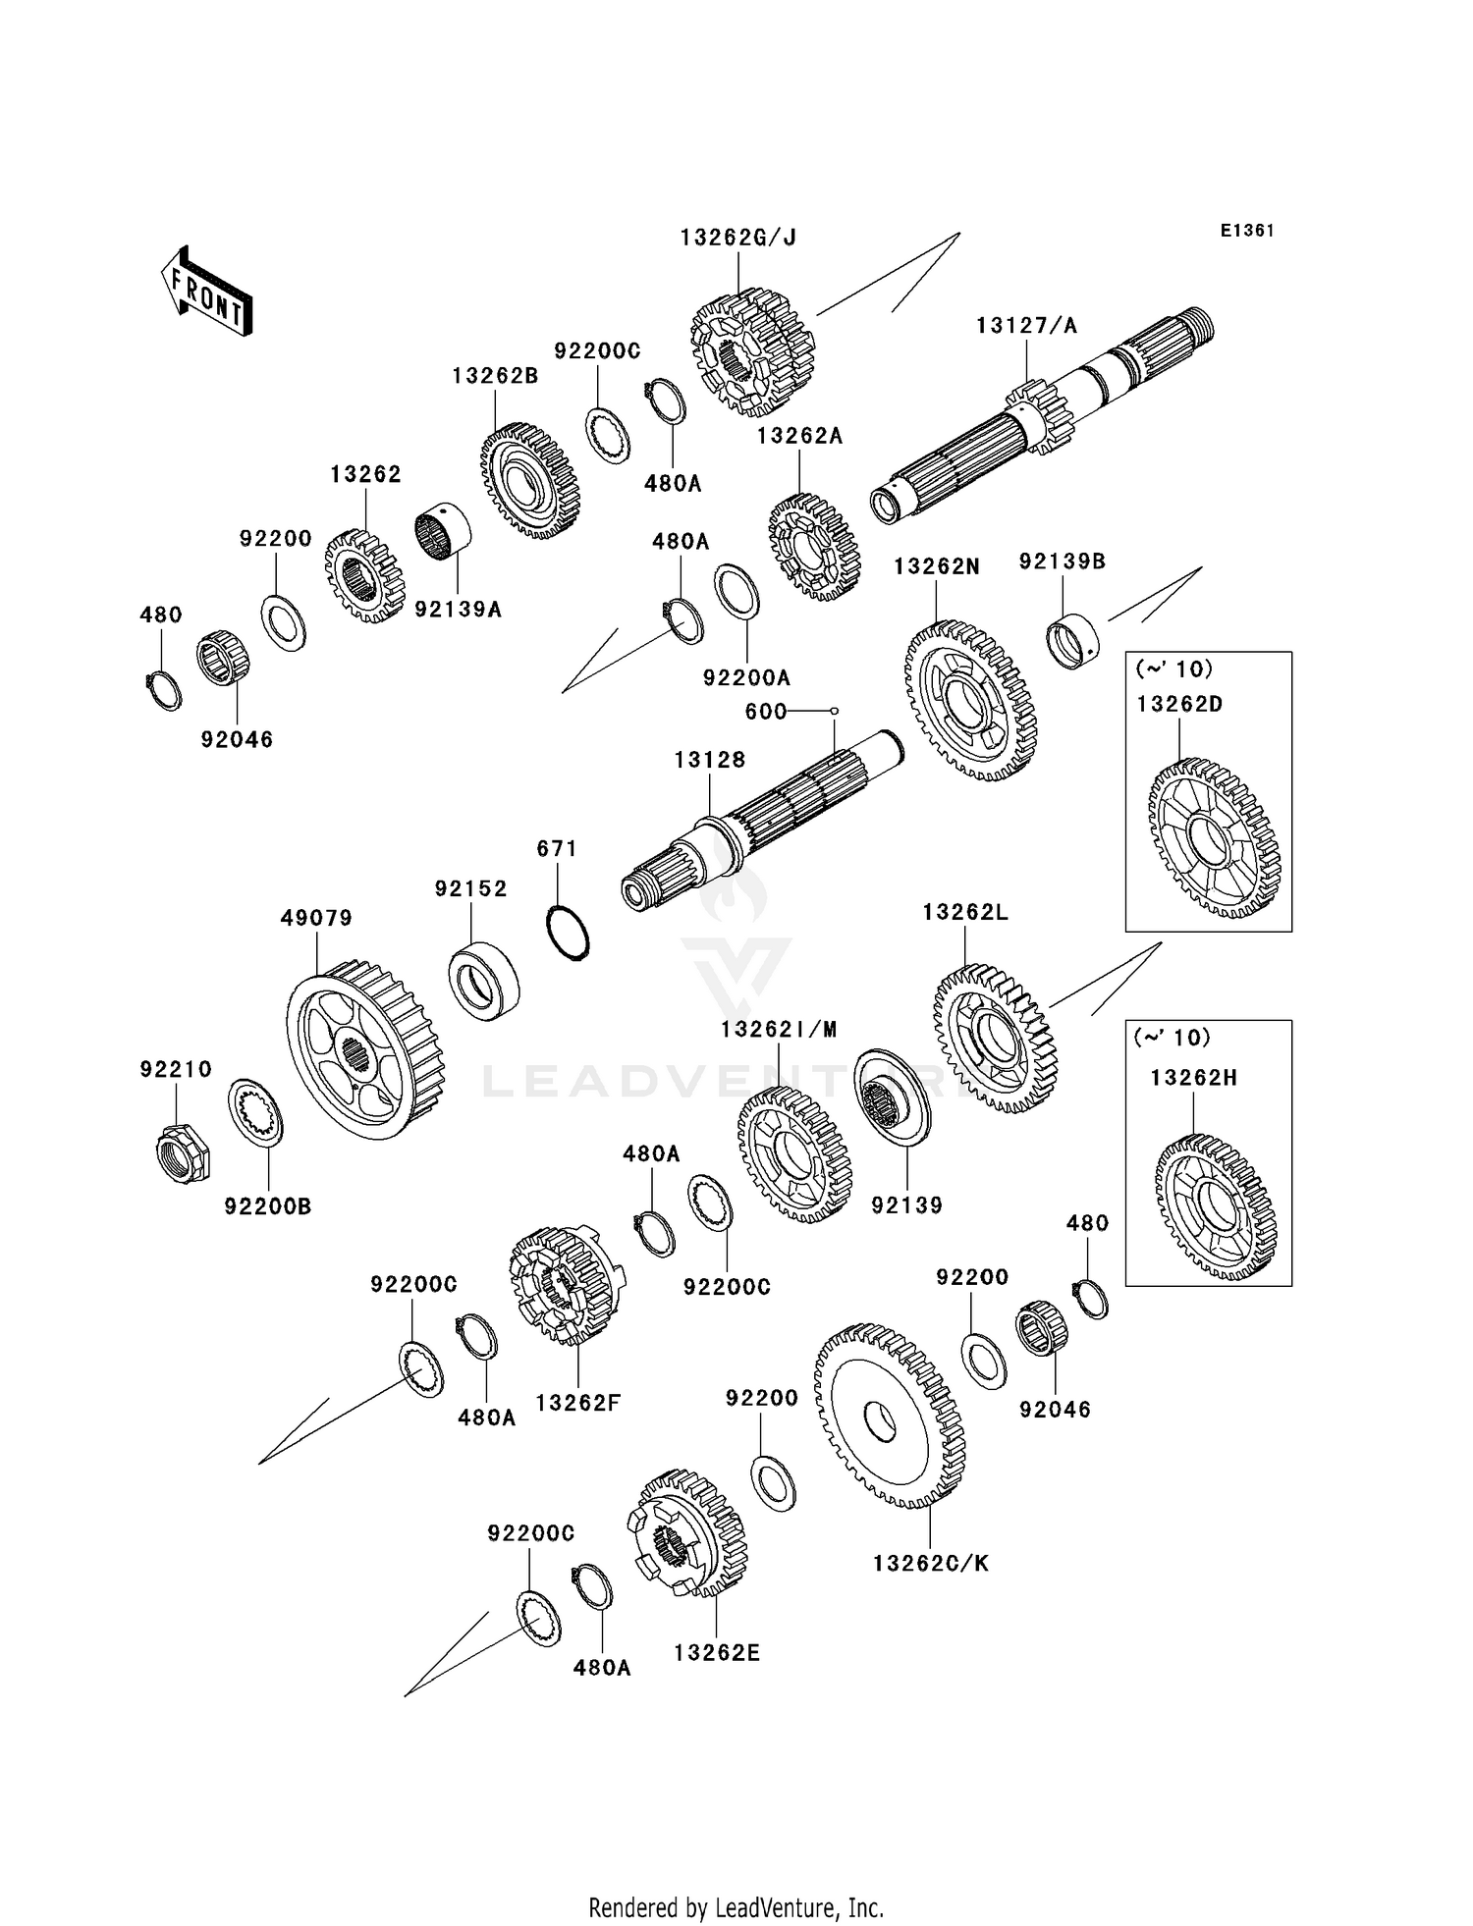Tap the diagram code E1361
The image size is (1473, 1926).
[1247, 231]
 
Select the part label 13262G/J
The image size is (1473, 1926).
[738, 238]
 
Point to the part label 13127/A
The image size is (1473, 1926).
[1026, 326]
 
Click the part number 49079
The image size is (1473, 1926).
[316, 918]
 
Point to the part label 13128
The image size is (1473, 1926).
[710, 760]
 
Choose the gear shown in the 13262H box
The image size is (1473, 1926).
[1215, 1206]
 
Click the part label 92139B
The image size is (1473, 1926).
[1063, 562]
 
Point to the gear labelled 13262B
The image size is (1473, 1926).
[530, 481]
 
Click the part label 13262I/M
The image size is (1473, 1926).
[779, 1030]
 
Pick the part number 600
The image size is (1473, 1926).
[766, 711]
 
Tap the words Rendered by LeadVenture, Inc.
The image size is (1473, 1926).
[736, 1907]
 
